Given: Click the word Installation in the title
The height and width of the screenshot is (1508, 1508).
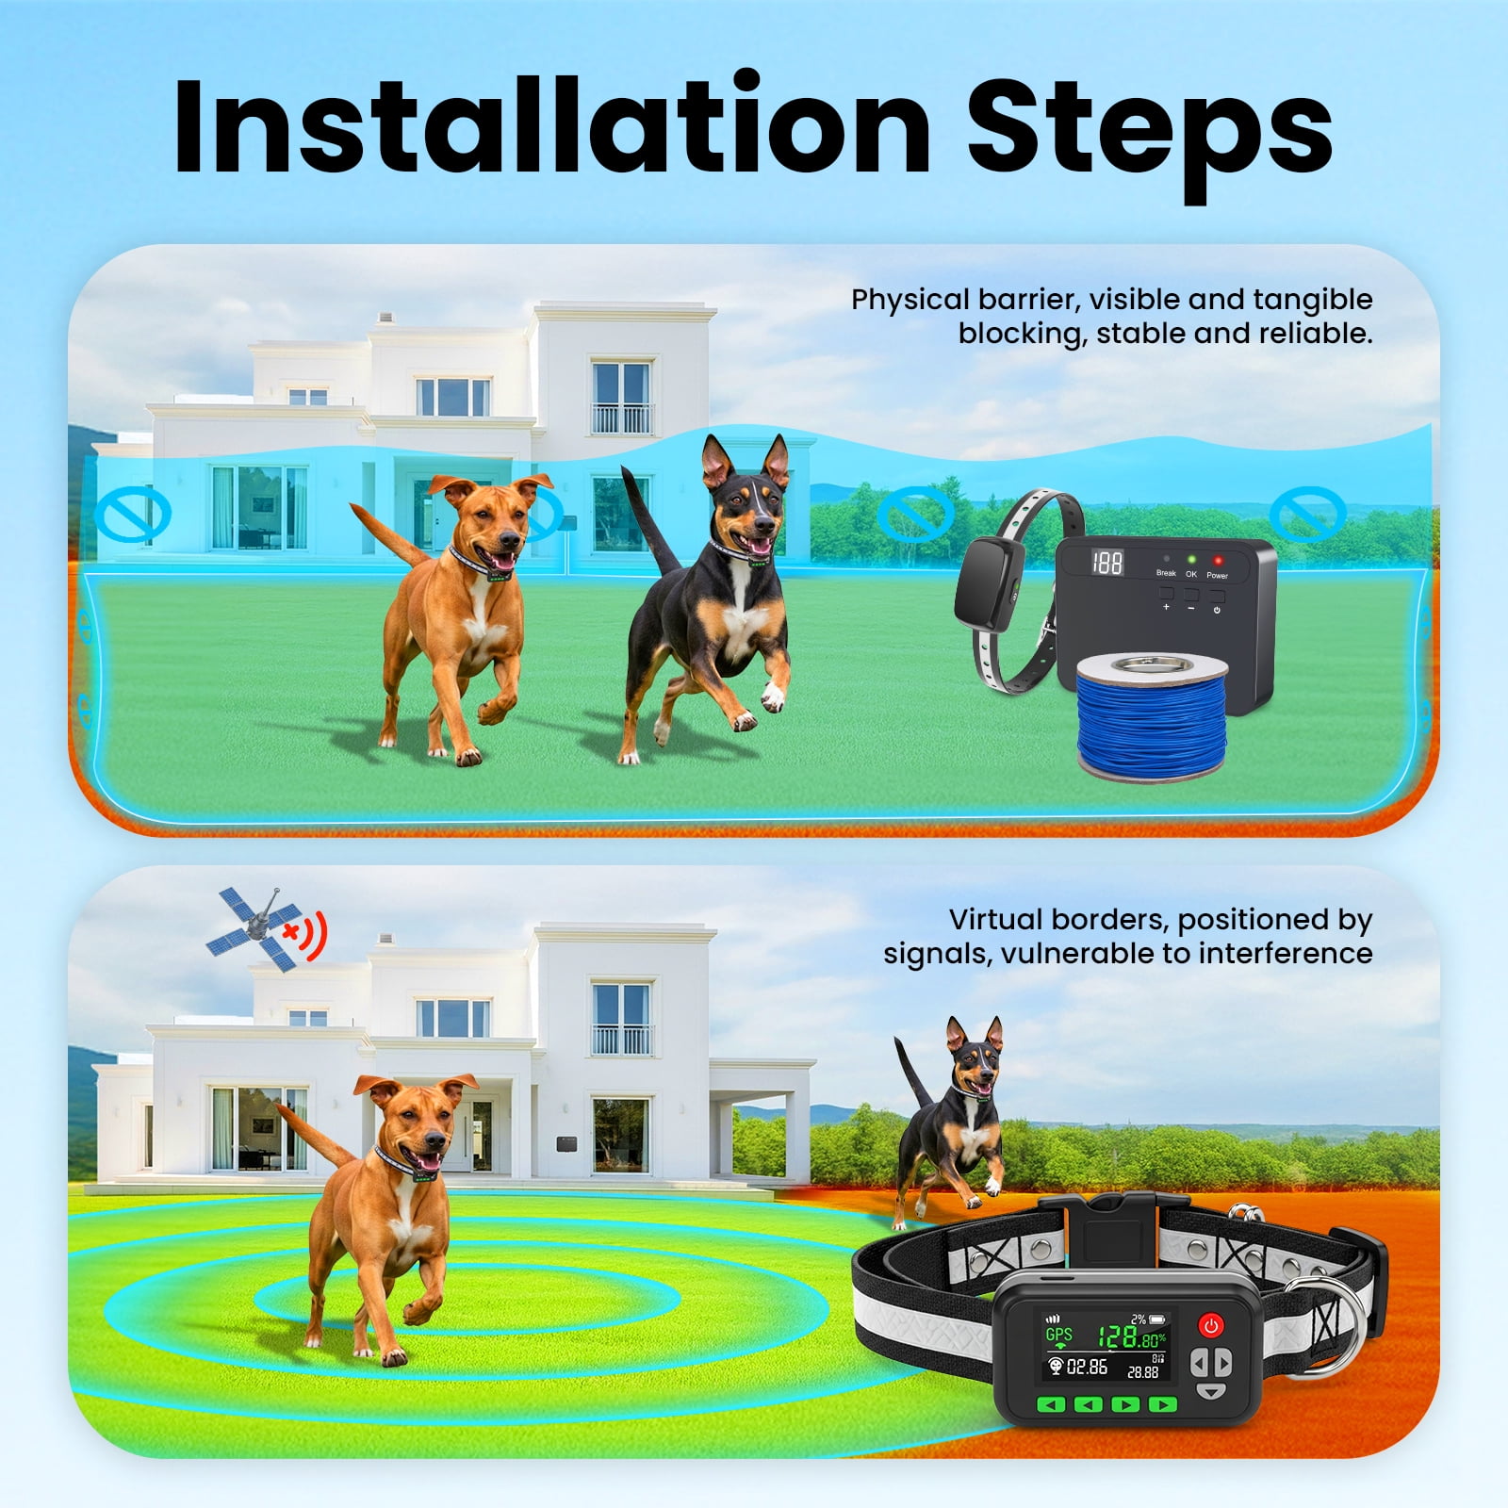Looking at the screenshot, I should point(552,127).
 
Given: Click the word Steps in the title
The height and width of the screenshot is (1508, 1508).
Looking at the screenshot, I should point(1149,132).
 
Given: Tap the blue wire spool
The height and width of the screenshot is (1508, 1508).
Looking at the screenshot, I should point(1153,716).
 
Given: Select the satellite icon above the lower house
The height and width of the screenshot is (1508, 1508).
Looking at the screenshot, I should point(257,928).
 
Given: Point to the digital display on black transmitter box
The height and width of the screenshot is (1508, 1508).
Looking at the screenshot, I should point(1106,563).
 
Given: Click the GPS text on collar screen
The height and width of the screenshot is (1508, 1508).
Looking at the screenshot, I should point(1058,1334).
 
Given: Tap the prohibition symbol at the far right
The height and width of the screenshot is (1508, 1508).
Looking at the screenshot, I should point(1307,513).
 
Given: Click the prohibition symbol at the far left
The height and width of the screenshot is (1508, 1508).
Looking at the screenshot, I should point(132,515).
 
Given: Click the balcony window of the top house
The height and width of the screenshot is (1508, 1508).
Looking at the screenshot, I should point(621,396).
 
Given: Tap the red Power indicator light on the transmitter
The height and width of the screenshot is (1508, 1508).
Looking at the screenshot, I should point(1218,560).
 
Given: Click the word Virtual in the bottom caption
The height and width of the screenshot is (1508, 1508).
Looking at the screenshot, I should point(996,920).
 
